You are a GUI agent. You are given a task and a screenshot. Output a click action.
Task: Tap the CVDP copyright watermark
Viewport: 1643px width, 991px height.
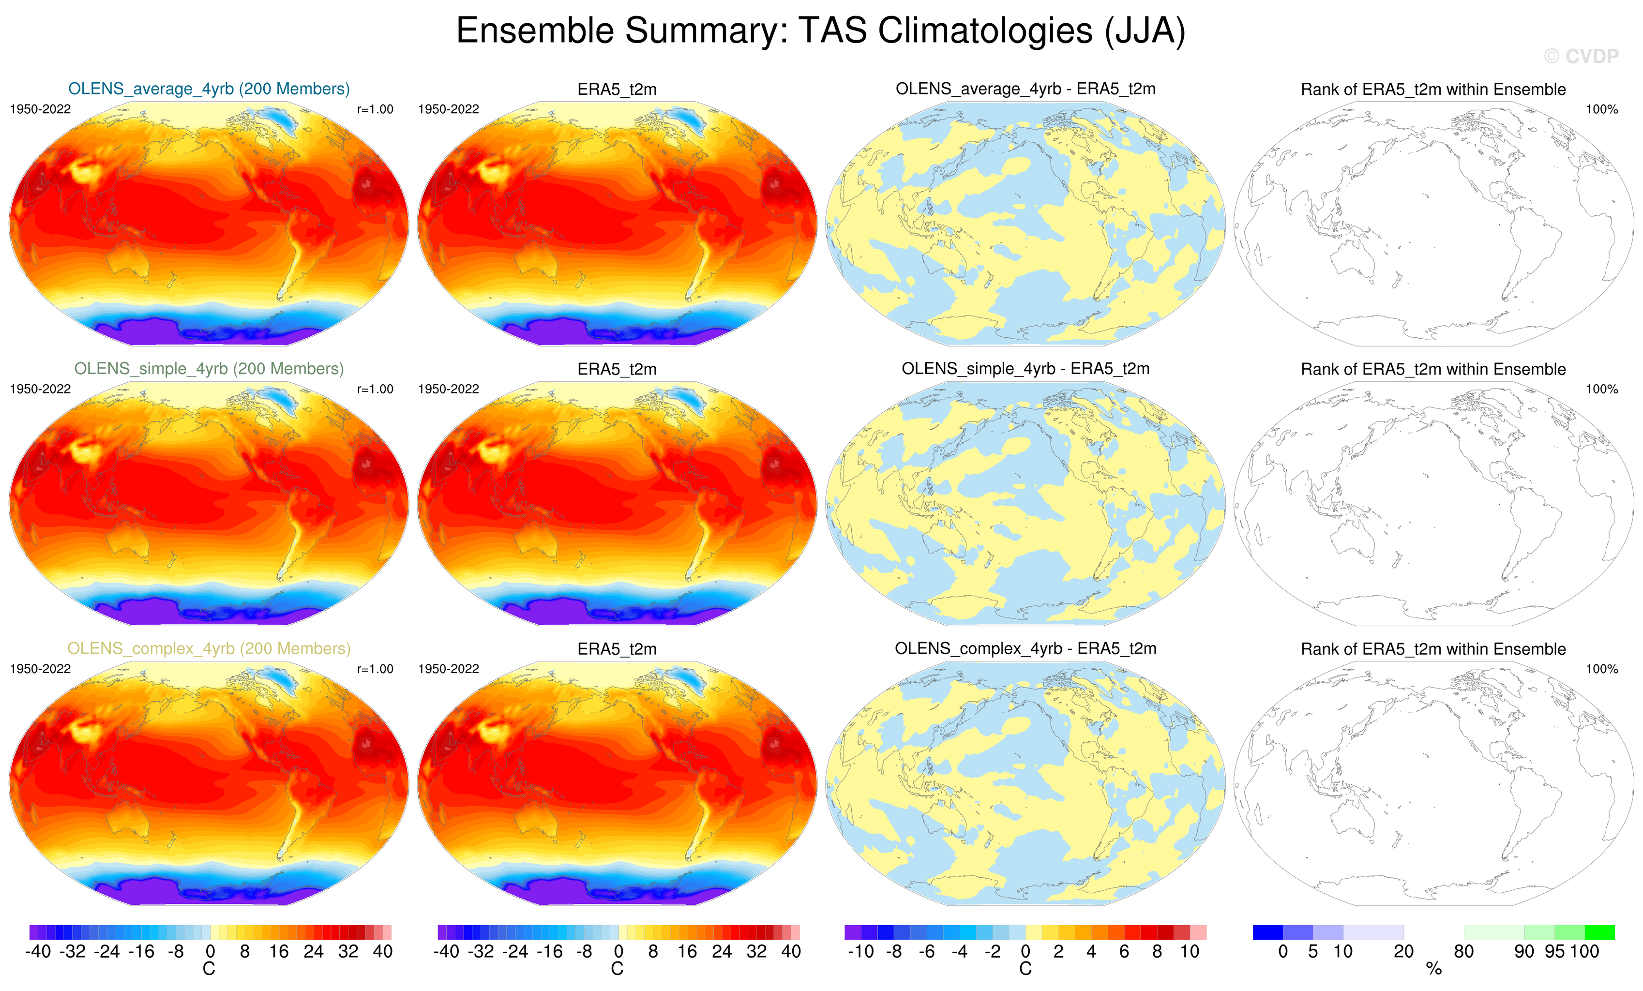pyautogui.click(x=1581, y=57)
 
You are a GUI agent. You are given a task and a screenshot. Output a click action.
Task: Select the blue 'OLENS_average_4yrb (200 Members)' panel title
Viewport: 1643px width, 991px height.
pyautogui.click(x=209, y=89)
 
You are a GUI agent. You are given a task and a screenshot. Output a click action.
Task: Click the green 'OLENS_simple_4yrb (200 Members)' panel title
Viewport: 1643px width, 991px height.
pyautogui.click(x=209, y=369)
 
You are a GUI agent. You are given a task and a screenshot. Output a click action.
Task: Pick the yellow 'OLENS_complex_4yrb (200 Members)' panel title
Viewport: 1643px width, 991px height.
pyautogui.click(x=209, y=648)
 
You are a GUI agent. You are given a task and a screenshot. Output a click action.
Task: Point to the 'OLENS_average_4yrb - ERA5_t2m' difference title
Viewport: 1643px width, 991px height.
pyautogui.click(x=1025, y=89)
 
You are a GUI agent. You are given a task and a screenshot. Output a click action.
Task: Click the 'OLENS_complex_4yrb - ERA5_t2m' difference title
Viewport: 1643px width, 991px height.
pyautogui.click(x=1025, y=648)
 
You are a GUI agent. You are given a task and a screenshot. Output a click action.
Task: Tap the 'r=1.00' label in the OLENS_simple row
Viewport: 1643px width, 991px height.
pyautogui.click(x=376, y=389)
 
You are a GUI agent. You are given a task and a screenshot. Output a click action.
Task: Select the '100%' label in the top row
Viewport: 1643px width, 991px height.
pyautogui.click(x=1602, y=109)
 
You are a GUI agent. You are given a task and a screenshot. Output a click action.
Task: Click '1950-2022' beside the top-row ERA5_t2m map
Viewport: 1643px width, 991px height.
pyautogui.click(x=449, y=109)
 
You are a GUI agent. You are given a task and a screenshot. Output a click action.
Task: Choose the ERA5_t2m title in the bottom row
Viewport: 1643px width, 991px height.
pyautogui.click(x=617, y=649)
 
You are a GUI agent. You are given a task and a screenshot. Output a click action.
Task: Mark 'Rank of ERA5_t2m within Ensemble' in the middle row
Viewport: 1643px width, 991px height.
pyautogui.click(x=1433, y=369)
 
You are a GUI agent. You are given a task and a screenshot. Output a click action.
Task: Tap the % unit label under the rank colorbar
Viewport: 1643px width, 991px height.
pyautogui.click(x=1433, y=969)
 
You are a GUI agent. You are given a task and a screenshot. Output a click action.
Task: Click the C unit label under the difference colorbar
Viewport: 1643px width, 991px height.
pyautogui.click(x=1025, y=969)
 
